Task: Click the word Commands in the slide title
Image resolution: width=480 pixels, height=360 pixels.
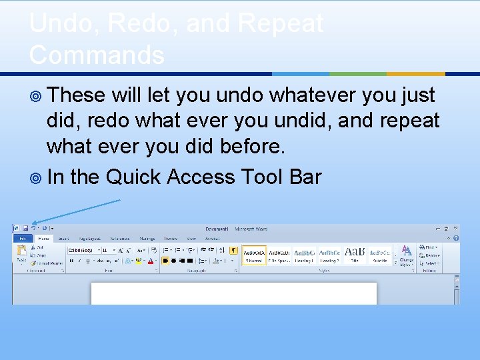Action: click(97, 55)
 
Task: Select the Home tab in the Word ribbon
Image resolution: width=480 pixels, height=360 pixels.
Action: click(43, 238)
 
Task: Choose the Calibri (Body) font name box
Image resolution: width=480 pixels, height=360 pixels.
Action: click(83, 250)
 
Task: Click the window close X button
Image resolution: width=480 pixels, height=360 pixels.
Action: click(455, 229)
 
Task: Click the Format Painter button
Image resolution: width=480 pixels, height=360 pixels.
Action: click(50, 263)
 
